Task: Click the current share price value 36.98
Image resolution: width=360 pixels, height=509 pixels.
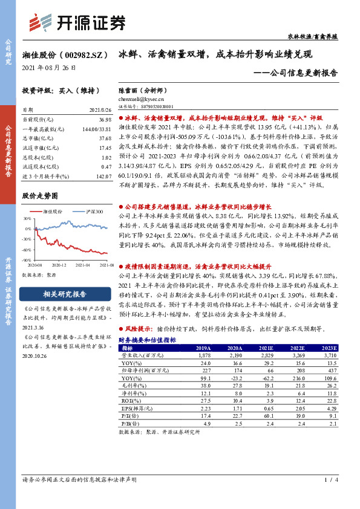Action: click(104, 120)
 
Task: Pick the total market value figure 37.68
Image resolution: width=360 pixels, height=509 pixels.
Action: click(104, 138)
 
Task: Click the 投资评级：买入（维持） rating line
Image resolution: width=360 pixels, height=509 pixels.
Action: click(56, 89)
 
